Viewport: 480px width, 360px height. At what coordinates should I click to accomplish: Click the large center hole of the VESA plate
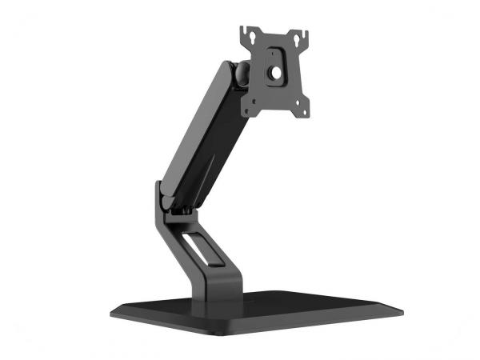click(x=277, y=70)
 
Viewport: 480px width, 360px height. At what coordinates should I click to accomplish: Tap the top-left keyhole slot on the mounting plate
click(x=250, y=35)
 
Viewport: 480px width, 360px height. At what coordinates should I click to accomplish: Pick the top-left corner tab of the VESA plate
click(x=244, y=33)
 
